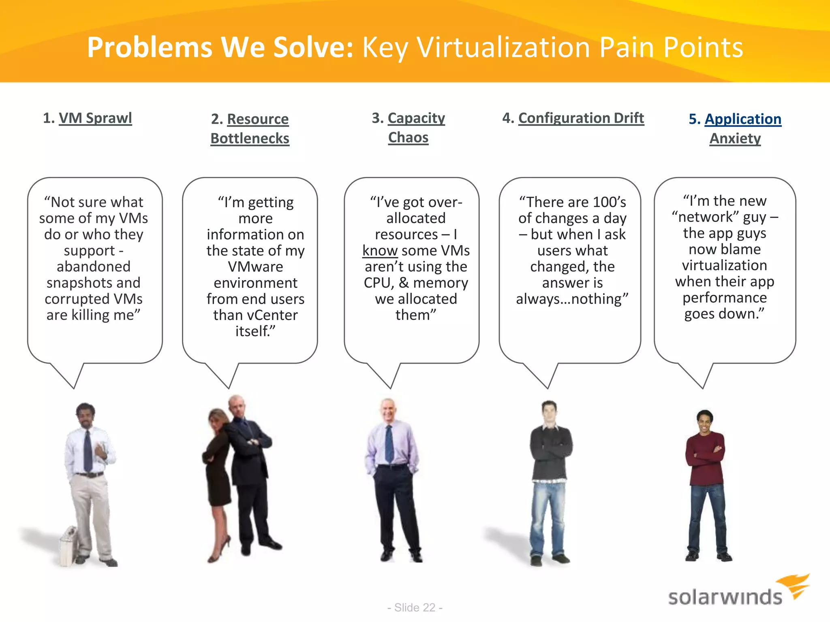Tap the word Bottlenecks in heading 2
[250, 138]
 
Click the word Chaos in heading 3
[408, 138]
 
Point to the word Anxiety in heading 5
[735, 138]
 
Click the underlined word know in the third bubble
[380, 251]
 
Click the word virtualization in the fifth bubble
[724, 265]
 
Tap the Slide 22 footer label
[415, 607]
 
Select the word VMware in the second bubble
[255, 267]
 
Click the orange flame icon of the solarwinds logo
[795, 585]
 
